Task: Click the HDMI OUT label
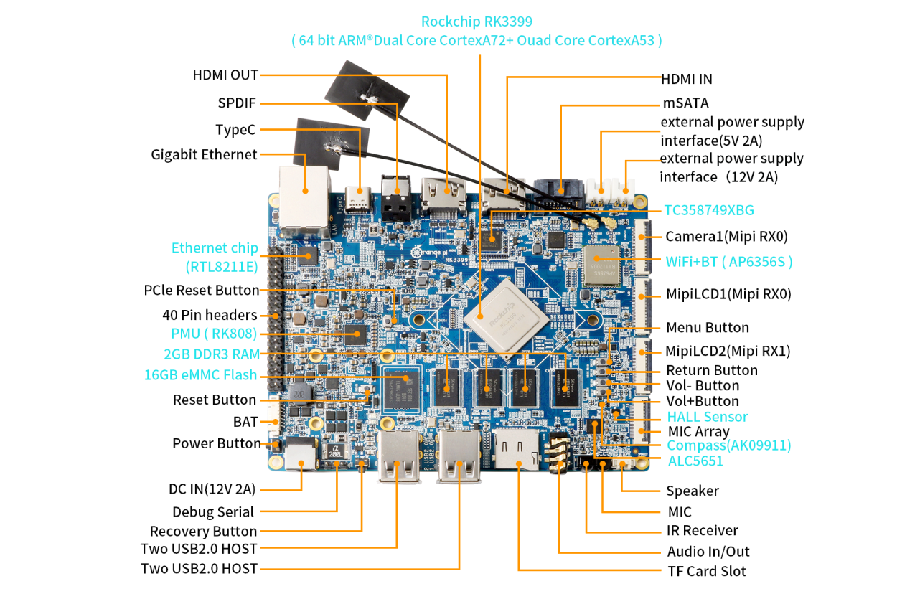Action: (x=225, y=75)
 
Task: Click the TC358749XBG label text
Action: (x=709, y=210)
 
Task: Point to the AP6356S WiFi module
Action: (x=601, y=265)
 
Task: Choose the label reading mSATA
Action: (x=685, y=103)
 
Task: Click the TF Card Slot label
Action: (x=706, y=571)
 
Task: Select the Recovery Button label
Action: (x=203, y=531)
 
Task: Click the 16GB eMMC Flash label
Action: (x=200, y=374)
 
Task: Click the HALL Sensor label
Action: (x=707, y=417)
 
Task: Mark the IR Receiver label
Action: (x=702, y=531)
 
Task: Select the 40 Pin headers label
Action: (x=210, y=315)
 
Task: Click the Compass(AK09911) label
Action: (x=729, y=445)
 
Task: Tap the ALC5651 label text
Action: (x=695, y=461)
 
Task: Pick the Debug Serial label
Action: (x=213, y=511)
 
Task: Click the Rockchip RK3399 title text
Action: (x=477, y=22)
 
